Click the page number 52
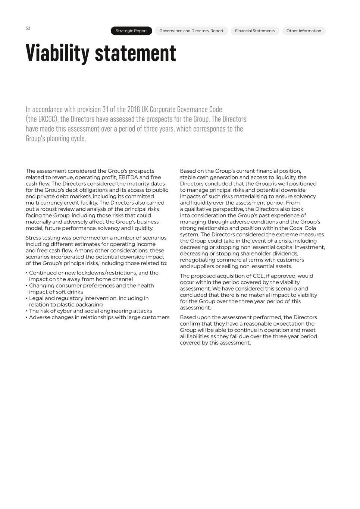tap(28, 28)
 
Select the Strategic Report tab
tap(131, 31)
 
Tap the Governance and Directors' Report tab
tap(191, 31)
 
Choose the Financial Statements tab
tap(255, 31)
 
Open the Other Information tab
tap(304, 31)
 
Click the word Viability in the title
tap(57, 53)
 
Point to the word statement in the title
tap(135, 53)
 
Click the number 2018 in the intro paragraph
tap(134, 110)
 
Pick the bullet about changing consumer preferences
tap(91, 289)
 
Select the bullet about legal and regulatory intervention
tap(88, 301)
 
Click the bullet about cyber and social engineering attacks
tap(90, 311)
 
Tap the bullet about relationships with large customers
tap(99, 317)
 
